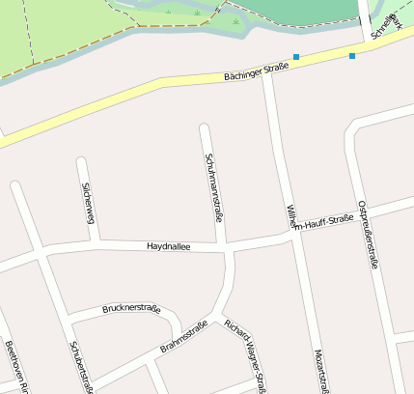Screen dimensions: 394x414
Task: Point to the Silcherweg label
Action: coord(89,202)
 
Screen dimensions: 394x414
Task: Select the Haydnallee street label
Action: coord(169,247)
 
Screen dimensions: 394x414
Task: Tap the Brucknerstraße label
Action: coord(130,308)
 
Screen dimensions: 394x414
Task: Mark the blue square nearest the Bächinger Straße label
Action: coord(296,57)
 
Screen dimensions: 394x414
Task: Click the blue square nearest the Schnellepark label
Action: coord(352,56)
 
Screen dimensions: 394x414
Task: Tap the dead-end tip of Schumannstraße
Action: coord(204,127)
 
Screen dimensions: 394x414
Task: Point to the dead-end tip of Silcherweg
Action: coord(81,160)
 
